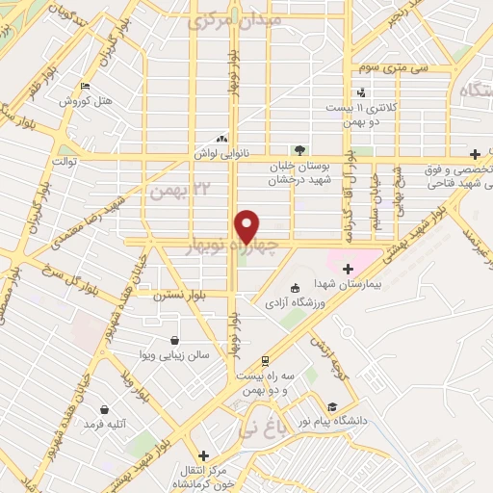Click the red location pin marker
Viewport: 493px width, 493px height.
pos(247,226)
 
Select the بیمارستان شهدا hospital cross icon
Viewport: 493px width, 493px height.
pos(348,268)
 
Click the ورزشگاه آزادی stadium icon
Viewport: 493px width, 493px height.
pos(295,286)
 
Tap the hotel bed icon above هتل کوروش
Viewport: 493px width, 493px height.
pos(85,86)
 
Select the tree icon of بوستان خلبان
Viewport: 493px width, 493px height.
pos(299,149)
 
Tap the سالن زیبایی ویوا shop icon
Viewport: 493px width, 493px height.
pos(173,340)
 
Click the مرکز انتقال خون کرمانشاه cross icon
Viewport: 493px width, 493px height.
pos(202,455)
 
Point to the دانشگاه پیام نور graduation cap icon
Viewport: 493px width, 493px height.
pos(332,405)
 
